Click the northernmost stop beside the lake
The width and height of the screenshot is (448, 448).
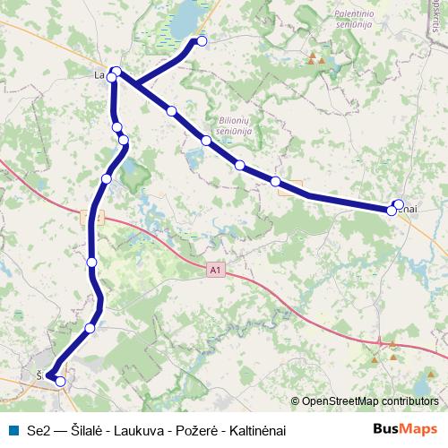point(202,41)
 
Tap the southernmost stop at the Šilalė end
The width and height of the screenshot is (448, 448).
point(61,382)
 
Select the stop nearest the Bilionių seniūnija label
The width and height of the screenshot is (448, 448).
point(206,141)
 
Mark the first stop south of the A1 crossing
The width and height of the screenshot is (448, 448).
point(92,262)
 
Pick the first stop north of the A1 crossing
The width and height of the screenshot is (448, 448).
point(107,179)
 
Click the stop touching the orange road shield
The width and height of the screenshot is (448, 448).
point(276,182)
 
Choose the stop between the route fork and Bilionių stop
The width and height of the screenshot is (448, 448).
point(171,111)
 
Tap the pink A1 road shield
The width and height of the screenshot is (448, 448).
point(215,268)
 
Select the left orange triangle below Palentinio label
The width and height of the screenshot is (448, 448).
point(311,59)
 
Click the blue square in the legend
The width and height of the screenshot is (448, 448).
point(13,430)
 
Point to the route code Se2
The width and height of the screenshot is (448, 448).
point(39,431)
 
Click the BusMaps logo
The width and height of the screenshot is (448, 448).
point(405,430)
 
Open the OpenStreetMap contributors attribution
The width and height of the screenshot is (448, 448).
point(370,401)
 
